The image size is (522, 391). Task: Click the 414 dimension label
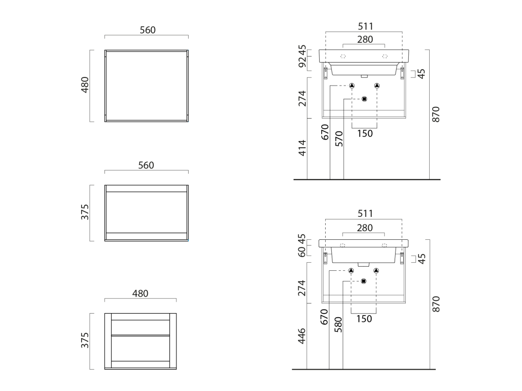[x=302, y=148]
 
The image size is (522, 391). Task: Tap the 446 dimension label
[x=302, y=336]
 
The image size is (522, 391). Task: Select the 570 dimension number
[x=339, y=138]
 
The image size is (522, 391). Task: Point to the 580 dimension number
[x=338, y=325]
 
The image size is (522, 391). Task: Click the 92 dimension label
[x=302, y=62]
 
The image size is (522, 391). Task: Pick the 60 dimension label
[x=302, y=252]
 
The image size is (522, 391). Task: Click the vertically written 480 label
[x=85, y=85]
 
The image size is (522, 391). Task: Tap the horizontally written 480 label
[x=140, y=294]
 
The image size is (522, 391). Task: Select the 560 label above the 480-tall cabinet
[x=147, y=30]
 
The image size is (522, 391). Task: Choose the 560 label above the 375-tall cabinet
[x=146, y=165]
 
